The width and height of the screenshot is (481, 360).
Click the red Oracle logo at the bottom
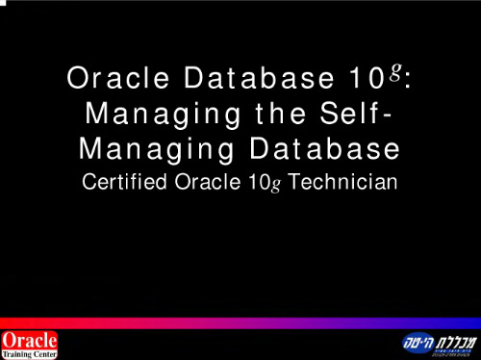point(30,340)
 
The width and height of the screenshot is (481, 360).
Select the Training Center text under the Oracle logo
point(30,353)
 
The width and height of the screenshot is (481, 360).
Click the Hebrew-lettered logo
point(438,343)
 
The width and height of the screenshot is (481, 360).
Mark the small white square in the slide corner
point(3,3)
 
